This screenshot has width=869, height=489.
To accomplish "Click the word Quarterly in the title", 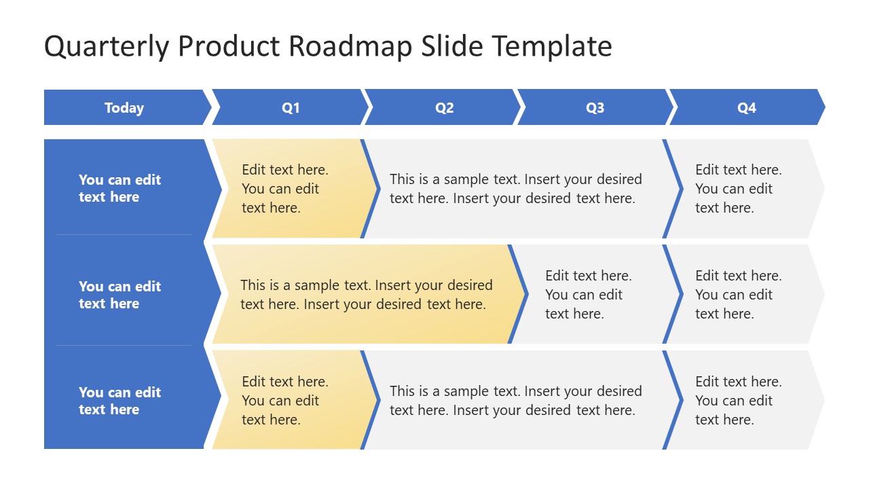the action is (x=107, y=47).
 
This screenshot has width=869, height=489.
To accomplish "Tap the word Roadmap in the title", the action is (x=350, y=47).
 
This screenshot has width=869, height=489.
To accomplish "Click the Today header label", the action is (x=124, y=108).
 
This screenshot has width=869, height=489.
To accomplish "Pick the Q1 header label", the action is (x=291, y=107).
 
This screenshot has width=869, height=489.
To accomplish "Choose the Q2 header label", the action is (x=444, y=107).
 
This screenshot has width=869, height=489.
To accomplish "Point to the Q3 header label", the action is (x=595, y=107).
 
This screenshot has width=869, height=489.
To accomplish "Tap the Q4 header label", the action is (x=746, y=107).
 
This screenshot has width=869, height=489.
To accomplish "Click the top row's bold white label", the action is (x=120, y=188).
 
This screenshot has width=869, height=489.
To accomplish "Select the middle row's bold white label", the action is (x=120, y=295).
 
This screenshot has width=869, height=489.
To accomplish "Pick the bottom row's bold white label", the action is (x=120, y=401).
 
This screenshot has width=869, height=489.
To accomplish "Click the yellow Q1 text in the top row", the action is (x=285, y=189).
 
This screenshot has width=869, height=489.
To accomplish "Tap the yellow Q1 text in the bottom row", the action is (x=285, y=401).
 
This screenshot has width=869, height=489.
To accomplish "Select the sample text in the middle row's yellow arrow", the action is (x=367, y=295).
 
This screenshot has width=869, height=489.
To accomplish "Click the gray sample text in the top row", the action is (x=516, y=189).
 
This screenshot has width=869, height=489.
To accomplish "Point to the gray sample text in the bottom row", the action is (x=516, y=401).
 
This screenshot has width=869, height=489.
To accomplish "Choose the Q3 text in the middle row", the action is (x=589, y=295).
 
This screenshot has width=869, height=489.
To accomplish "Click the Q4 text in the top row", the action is (x=739, y=189).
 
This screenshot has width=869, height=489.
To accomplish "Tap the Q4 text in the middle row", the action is (x=739, y=295).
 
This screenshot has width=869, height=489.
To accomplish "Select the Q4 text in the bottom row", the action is (x=739, y=401).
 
